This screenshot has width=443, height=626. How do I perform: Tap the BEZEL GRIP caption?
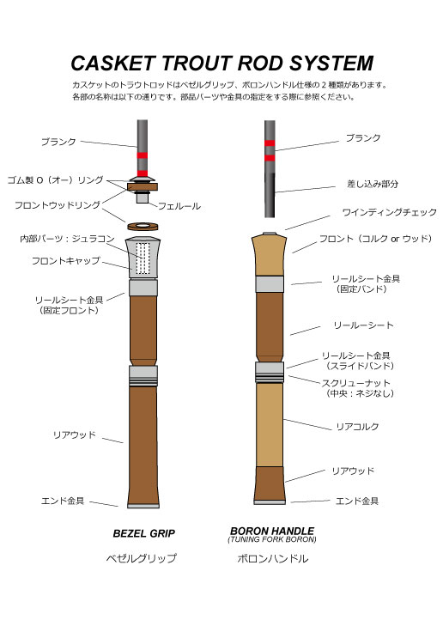click(143, 533)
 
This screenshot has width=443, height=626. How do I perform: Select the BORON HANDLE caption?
click(272, 531)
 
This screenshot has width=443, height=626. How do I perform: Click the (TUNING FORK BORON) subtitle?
click(272, 539)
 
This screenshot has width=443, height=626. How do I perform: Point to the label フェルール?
click(179, 206)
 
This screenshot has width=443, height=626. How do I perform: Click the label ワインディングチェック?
click(390, 212)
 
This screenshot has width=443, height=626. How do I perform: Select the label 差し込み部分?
click(373, 184)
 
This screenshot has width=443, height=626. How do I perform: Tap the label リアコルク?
click(357, 427)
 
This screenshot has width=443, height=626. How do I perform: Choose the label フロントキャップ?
click(66, 261)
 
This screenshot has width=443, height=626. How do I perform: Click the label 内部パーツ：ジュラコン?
click(68, 239)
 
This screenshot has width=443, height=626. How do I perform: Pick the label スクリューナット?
click(356, 383)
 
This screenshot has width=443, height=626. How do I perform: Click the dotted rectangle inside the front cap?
click(143, 258)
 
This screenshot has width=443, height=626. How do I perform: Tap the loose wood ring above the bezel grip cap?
click(143, 227)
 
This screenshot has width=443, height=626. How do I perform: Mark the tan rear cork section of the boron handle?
click(270, 425)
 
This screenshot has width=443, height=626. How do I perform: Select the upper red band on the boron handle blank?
click(270, 143)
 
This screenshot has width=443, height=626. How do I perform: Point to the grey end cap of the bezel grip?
click(143, 506)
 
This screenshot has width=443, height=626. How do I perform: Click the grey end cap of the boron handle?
click(270, 502)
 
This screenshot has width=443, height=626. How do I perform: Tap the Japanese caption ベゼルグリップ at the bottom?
click(142, 558)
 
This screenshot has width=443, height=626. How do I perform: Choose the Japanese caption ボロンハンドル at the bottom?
click(273, 558)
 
